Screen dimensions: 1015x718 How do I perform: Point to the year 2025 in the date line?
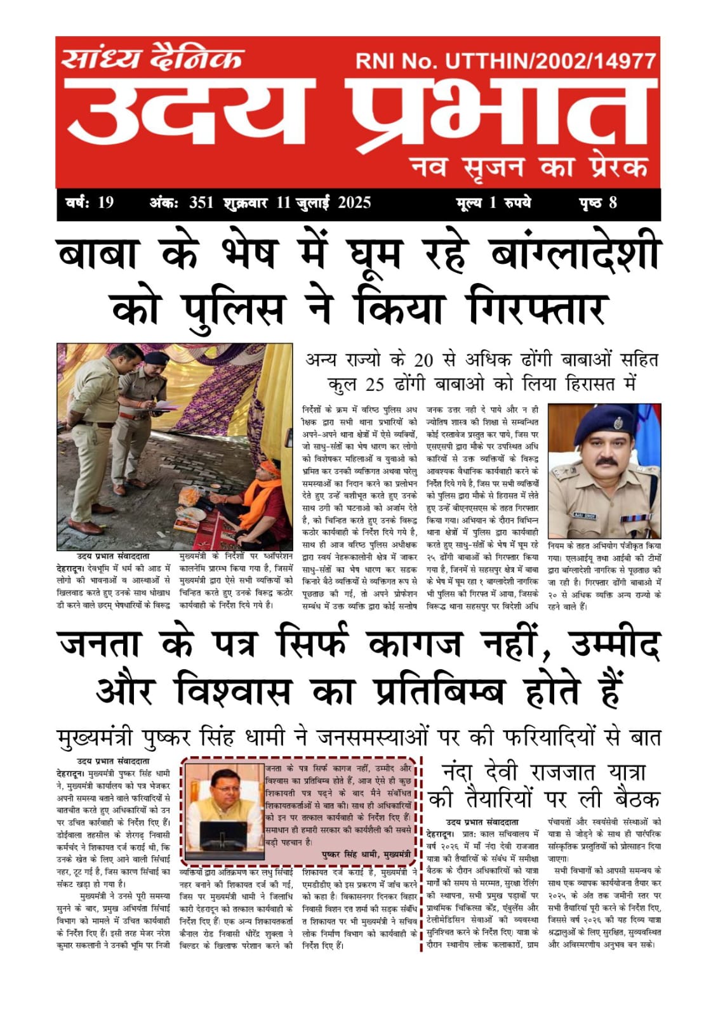[354, 203]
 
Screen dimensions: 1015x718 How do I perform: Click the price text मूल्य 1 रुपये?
[493, 203]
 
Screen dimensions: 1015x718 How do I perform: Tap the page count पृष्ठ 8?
[597, 203]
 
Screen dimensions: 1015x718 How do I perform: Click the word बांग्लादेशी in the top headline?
[575, 254]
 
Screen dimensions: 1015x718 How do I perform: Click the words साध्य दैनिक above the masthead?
[152, 59]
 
